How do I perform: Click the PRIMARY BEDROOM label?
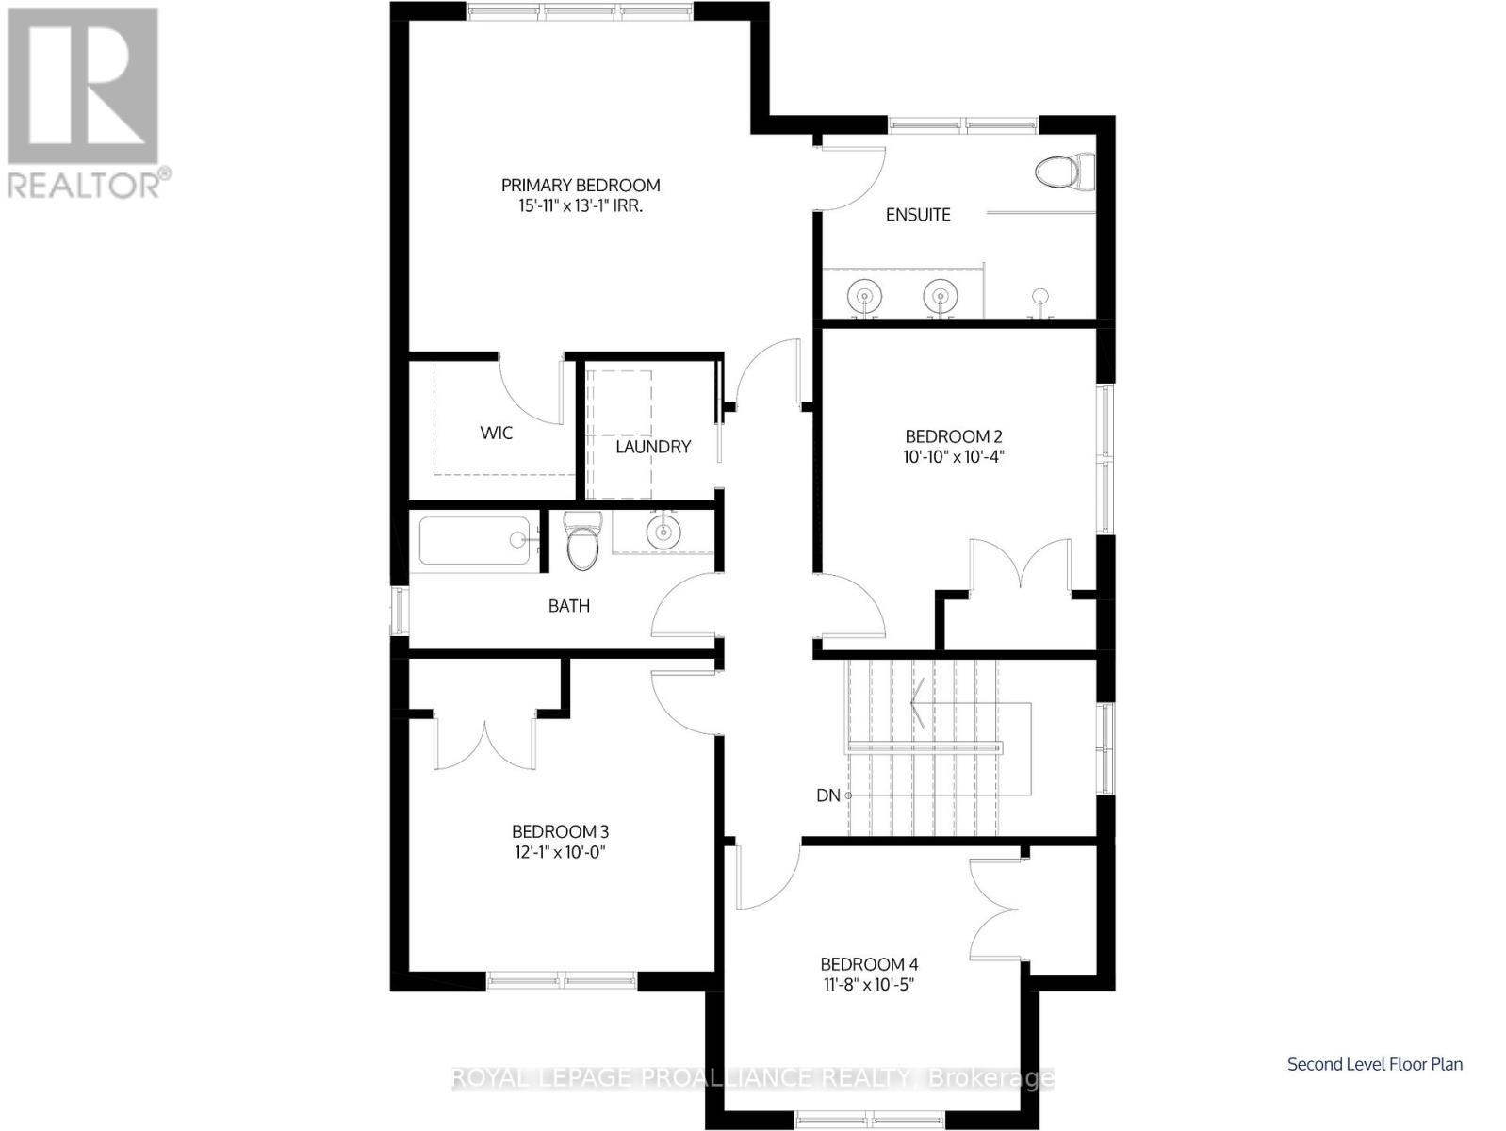(x=580, y=186)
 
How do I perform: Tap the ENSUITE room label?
(x=918, y=215)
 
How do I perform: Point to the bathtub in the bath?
(x=475, y=540)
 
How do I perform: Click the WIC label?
(x=497, y=433)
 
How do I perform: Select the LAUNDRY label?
(x=653, y=447)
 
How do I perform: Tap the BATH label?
(x=569, y=606)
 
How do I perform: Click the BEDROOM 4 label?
(x=869, y=964)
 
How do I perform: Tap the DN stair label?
(x=828, y=795)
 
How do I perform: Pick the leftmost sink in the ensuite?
(x=862, y=296)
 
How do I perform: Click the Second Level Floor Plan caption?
(x=1375, y=1064)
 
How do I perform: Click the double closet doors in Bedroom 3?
(x=484, y=741)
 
